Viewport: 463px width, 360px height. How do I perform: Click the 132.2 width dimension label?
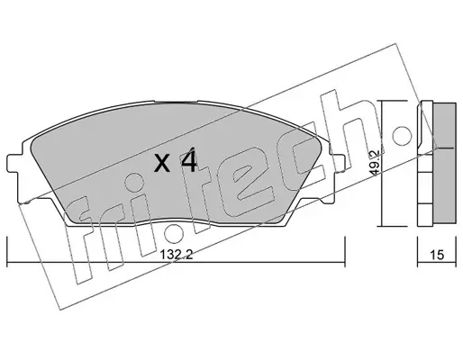click(176, 255)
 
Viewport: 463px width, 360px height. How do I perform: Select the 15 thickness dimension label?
click(437, 255)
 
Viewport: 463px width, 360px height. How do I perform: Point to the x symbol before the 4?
click(162, 164)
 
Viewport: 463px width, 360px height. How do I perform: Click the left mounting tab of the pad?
click(14, 164)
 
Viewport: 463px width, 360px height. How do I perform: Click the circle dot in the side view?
click(402, 136)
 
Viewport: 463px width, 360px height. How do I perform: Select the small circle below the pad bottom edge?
click(173, 232)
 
